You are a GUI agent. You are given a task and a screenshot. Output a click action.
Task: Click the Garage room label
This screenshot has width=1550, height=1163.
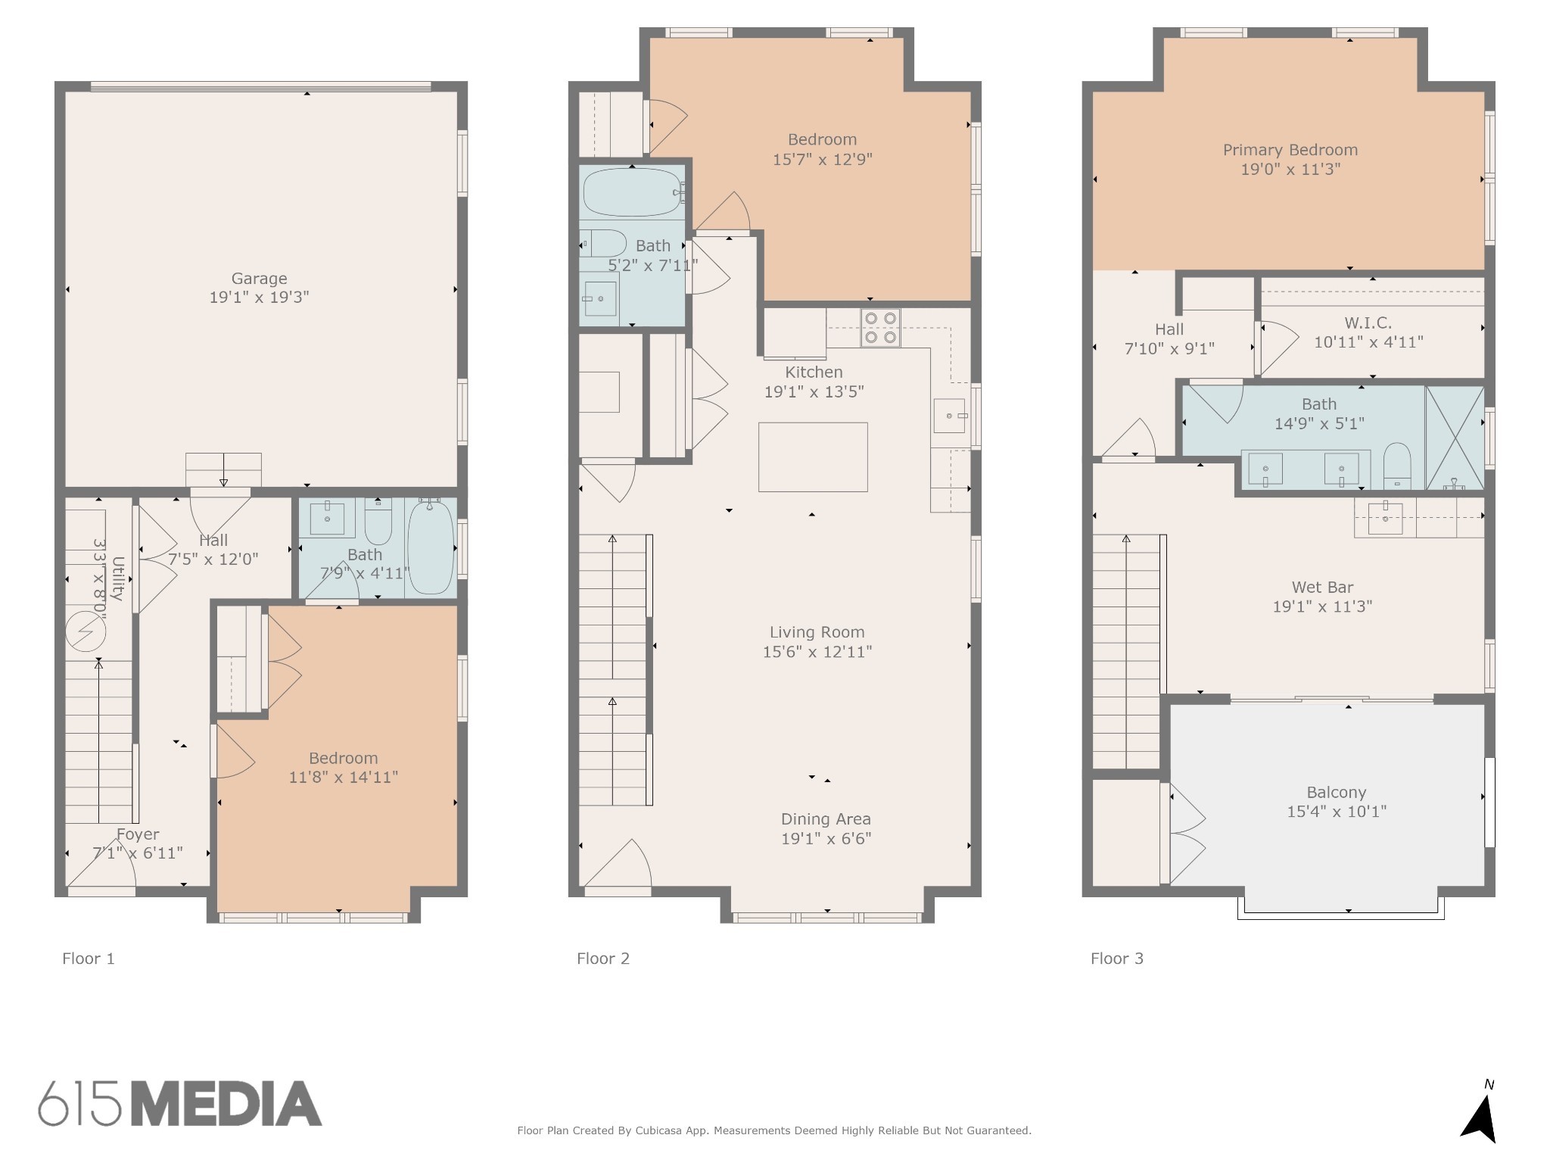pos(259,279)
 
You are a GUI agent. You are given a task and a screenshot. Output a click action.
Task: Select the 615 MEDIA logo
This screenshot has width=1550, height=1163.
pos(180,1103)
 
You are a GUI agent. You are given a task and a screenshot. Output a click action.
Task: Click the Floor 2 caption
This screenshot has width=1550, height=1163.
pos(603,959)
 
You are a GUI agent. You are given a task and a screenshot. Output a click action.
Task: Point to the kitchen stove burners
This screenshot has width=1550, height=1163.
pos(880,328)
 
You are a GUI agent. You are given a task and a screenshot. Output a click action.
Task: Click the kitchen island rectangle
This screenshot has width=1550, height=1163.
pos(813,457)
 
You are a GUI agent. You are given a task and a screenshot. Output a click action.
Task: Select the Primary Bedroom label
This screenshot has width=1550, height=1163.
pos(1290,150)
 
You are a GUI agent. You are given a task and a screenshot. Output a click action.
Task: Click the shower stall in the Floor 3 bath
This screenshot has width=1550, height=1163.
pos(1454,438)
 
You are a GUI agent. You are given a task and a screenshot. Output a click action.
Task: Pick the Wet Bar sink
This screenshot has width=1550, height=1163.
pos(1385,518)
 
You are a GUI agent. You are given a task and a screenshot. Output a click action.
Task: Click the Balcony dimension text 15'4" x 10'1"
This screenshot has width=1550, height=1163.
pos(1336,812)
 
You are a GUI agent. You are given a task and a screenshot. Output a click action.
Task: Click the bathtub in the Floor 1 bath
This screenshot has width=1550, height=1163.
pos(430,547)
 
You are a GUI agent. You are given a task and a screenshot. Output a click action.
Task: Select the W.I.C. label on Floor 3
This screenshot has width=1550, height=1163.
pos(1368,323)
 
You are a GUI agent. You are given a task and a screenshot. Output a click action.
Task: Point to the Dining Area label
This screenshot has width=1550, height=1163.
pos(826,819)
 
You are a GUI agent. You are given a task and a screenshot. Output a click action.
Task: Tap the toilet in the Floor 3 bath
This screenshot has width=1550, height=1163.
pos(1397,465)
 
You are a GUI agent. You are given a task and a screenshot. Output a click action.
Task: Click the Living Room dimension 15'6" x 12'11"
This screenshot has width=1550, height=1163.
pos(817,652)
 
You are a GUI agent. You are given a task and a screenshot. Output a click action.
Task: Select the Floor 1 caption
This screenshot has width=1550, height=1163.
pos(89,959)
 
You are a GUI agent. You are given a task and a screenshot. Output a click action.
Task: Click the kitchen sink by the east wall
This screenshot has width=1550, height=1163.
pos(949,416)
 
